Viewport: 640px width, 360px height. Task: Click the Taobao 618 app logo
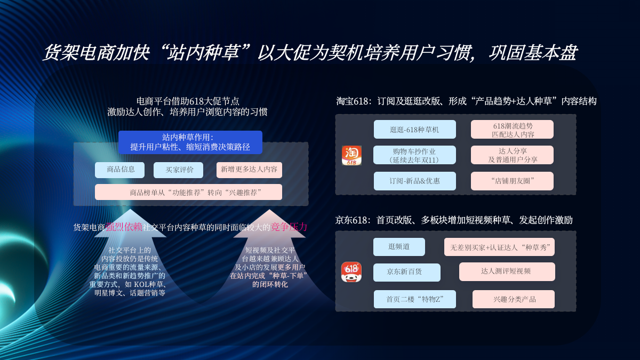point(351,155)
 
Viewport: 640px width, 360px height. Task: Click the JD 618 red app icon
point(351,271)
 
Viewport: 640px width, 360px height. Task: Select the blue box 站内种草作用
point(190,142)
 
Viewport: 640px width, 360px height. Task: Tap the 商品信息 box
point(120,170)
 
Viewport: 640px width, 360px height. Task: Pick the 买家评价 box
point(178,170)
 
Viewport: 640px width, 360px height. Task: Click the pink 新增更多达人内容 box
point(249,170)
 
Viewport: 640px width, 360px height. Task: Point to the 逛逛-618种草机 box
point(414,130)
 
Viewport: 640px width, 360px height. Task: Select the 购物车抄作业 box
point(414,155)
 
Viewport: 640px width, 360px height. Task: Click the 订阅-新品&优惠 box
point(414,181)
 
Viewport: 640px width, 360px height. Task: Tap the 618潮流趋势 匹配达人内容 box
point(512,130)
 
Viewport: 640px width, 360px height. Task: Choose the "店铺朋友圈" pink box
point(512,181)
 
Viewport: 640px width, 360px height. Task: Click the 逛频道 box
point(399,247)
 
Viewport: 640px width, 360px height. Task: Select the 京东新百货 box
point(406,272)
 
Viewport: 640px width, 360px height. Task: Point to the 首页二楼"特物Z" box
point(414,299)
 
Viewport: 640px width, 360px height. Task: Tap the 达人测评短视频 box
point(507,271)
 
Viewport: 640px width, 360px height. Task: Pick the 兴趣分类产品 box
point(513,299)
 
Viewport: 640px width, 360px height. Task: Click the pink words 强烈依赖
point(124,227)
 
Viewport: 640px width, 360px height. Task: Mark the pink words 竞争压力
point(289,227)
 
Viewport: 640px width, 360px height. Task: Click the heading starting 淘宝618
point(466,101)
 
